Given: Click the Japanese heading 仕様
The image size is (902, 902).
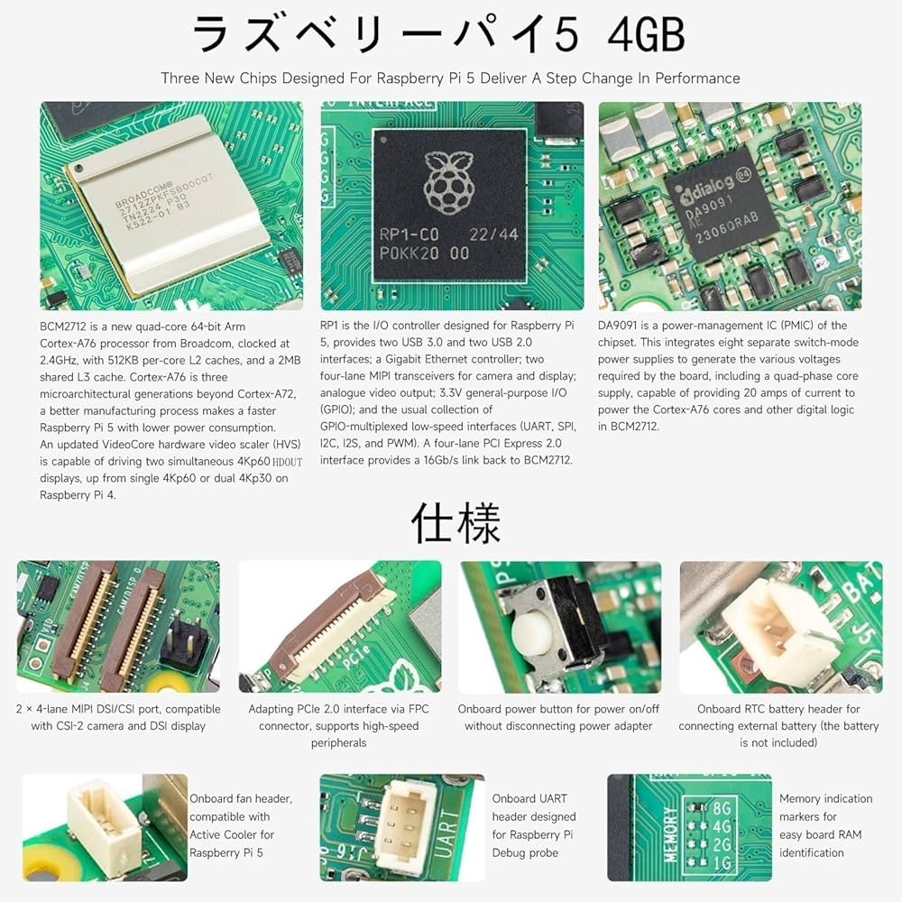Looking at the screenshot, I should [x=456, y=522].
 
